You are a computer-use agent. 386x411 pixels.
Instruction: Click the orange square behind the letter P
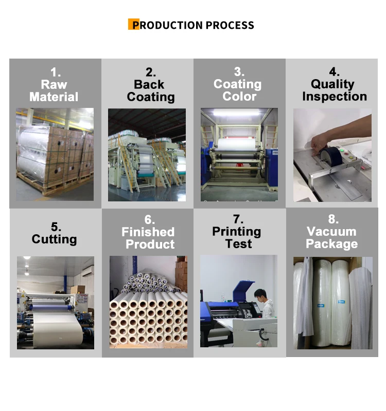coord(133,25)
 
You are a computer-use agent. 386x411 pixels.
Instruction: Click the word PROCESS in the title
coord(230,25)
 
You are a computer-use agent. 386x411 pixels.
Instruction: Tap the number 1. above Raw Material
coord(54,72)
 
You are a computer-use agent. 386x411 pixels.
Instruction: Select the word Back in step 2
coord(149,85)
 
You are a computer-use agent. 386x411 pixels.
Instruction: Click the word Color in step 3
coord(239,97)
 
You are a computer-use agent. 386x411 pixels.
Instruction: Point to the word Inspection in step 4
coord(335,97)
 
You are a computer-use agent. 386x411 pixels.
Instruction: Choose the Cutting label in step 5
coord(54,239)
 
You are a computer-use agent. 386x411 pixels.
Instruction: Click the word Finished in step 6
coord(148,232)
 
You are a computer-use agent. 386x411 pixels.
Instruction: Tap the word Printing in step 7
coord(237,232)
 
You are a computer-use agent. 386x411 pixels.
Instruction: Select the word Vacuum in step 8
coord(331,232)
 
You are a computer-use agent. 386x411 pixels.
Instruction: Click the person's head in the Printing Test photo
coord(259,295)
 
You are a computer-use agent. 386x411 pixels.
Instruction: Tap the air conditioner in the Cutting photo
coord(85,270)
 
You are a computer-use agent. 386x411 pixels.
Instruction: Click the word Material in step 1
coord(54,97)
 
